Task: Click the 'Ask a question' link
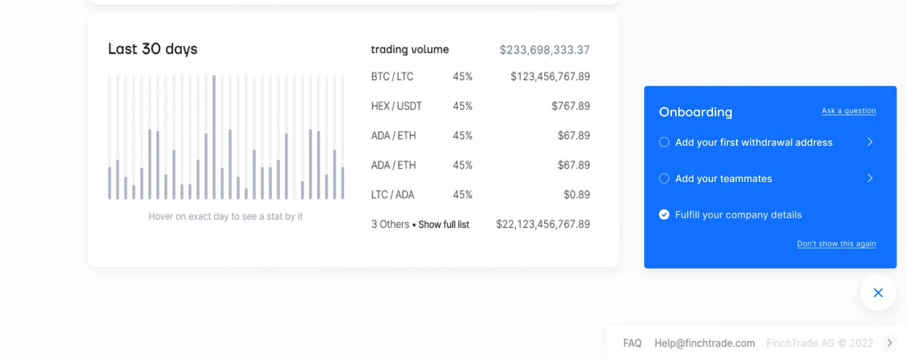[x=849, y=111]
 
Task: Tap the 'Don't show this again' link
[x=836, y=244]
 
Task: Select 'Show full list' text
[x=444, y=225]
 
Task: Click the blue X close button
[x=878, y=293]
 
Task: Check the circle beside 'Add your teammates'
[x=664, y=178]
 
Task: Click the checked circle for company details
[x=664, y=215]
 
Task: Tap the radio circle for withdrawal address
[x=664, y=142]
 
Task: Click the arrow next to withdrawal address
[x=870, y=142]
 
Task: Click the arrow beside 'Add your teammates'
[x=870, y=178]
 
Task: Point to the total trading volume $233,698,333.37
[x=544, y=50]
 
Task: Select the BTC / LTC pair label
[x=392, y=76]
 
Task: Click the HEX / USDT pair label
[x=396, y=106]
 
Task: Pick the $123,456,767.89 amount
[x=550, y=76]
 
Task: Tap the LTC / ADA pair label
[x=393, y=194]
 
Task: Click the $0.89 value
[x=577, y=194]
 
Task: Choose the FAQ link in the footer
[x=632, y=344]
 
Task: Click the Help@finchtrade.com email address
[x=705, y=344]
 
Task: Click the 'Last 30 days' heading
[x=152, y=49]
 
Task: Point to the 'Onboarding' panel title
[x=695, y=112]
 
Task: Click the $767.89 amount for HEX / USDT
[x=571, y=106]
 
